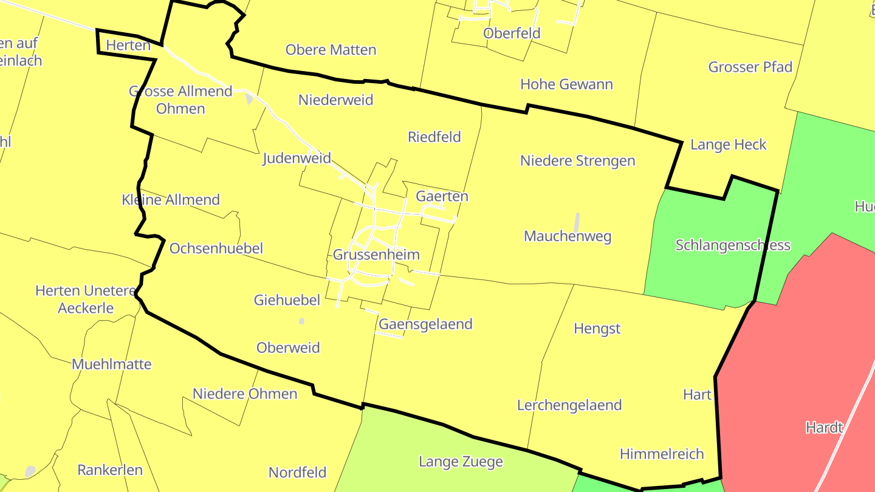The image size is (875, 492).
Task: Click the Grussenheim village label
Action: click(x=376, y=255)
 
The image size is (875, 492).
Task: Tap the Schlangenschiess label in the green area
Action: click(x=733, y=245)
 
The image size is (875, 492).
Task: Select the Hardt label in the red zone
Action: click(x=825, y=427)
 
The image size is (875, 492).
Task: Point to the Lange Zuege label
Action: click(x=461, y=462)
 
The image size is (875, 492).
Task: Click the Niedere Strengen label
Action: click(x=577, y=160)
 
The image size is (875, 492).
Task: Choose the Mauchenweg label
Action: click(x=568, y=236)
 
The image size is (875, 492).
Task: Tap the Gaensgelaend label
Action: click(x=425, y=324)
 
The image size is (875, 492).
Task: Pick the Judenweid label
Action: click(x=297, y=159)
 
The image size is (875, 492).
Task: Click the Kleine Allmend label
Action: click(x=171, y=199)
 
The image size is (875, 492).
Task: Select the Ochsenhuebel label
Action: click(x=216, y=248)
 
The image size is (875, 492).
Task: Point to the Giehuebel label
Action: click(x=287, y=299)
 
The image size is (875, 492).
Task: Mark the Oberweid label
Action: click(x=288, y=347)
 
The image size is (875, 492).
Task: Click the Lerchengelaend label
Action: click(x=569, y=405)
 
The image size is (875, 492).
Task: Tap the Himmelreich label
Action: click(x=662, y=454)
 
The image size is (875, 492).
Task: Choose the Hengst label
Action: click(x=597, y=329)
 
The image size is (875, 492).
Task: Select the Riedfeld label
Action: click(x=434, y=137)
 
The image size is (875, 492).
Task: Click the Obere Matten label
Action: click(x=331, y=50)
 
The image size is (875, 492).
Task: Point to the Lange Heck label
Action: click(x=729, y=145)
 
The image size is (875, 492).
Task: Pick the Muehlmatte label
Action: click(x=112, y=364)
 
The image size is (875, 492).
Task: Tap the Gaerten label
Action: click(x=442, y=196)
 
